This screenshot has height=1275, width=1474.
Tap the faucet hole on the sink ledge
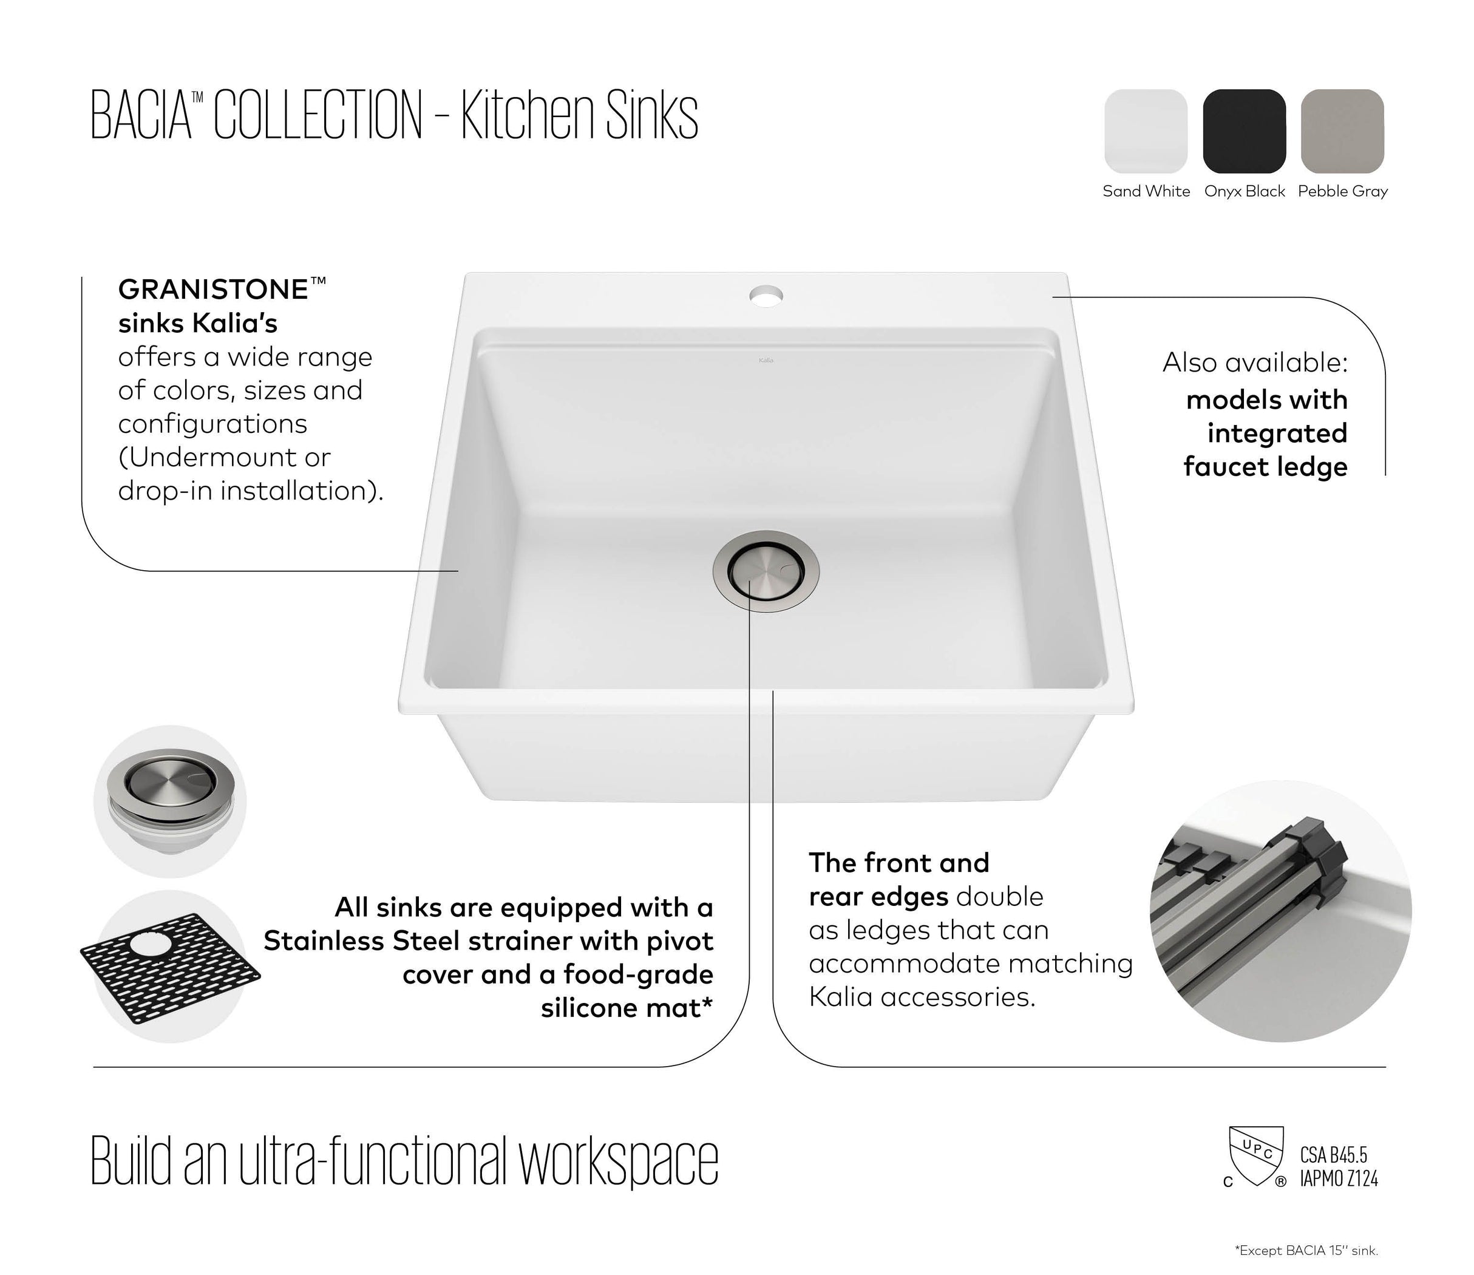point(766,294)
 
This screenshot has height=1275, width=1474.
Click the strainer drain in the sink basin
point(766,569)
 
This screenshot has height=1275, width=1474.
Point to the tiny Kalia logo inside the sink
point(766,360)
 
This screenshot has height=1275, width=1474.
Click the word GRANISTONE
point(212,290)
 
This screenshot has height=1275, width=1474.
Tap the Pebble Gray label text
point(1342,191)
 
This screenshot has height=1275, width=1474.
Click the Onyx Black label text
point(1245,191)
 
